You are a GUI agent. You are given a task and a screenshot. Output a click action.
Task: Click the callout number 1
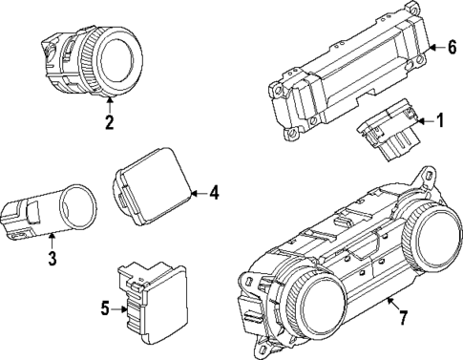pos(440,120)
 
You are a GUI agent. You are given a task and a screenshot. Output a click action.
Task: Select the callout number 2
pos(109,121)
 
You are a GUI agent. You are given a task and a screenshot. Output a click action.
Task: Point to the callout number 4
pos(214,193)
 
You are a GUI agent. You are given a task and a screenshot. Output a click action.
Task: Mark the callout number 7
pos(404,316)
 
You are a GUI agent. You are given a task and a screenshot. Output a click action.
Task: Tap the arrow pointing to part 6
pos(426,45)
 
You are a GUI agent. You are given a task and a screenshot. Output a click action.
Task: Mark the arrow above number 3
pos(51,242)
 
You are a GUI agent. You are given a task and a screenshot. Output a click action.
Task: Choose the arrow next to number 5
pos(119,307)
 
